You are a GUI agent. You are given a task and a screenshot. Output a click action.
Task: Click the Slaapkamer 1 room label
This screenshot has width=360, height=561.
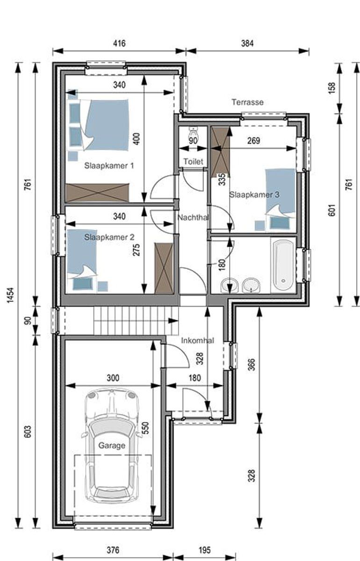pos(109,165)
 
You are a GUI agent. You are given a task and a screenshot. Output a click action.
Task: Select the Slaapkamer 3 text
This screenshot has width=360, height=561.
pos(254,194)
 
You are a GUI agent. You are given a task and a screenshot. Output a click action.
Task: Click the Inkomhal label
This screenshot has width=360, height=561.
pos(197,340)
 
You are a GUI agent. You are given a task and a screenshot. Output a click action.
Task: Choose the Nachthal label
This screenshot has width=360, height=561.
pos(192,217)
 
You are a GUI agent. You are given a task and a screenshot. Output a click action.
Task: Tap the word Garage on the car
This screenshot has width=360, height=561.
pos(112,446)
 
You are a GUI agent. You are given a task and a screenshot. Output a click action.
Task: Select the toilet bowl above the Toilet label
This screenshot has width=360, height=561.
pos(194,134)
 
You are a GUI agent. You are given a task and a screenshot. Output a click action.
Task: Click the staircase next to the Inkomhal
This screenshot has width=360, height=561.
pos(136,320)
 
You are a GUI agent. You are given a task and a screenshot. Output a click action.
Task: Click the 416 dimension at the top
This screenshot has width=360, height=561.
pos(119,43)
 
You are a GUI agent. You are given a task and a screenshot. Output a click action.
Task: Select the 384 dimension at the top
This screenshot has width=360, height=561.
pos(247,43)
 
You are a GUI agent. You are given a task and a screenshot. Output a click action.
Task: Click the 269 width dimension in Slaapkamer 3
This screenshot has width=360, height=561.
pos(254,140)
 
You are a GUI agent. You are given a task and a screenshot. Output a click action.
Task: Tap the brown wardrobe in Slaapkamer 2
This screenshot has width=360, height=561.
pos(164,268)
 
